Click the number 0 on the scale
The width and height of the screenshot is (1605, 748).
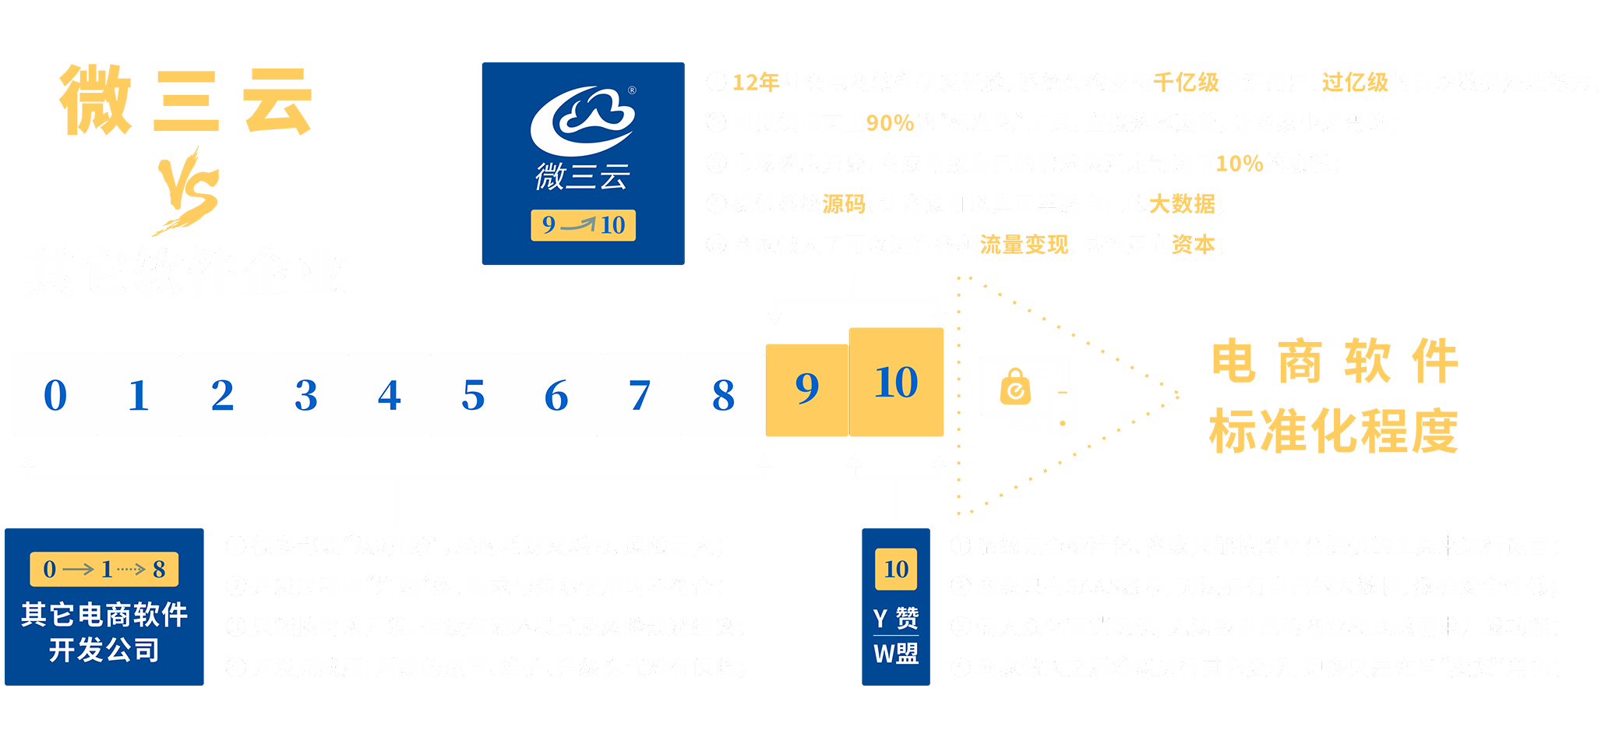[55, 395]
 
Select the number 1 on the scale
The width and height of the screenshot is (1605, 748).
[139, 395]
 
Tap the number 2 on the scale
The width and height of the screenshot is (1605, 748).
[223, 395]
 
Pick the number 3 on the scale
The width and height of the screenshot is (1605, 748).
[306, 395]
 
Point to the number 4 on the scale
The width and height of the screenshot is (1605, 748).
[390, 395]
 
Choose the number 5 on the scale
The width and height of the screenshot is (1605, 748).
[473, 395]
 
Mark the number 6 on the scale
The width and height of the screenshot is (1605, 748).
[556, 395]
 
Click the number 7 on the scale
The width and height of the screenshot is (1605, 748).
[640, 395]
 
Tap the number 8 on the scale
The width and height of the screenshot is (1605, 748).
[723, 395]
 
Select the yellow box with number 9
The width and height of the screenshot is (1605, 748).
[807, 387]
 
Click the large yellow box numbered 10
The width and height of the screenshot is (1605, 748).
[897, 383]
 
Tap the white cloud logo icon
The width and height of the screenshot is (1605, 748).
[583, 121]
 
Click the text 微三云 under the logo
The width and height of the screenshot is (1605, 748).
[583, 177]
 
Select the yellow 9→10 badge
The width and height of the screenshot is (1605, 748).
[583, 225]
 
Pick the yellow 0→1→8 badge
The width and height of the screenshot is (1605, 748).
[104, 570]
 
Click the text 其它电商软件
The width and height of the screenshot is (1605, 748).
[104, 615]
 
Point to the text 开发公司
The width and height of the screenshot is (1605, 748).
[104, 650]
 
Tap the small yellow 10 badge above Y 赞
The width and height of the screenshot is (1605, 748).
[896, 570]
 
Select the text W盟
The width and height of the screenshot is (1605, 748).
[896, 653]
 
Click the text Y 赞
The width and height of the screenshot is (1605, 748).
[896, 619]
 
